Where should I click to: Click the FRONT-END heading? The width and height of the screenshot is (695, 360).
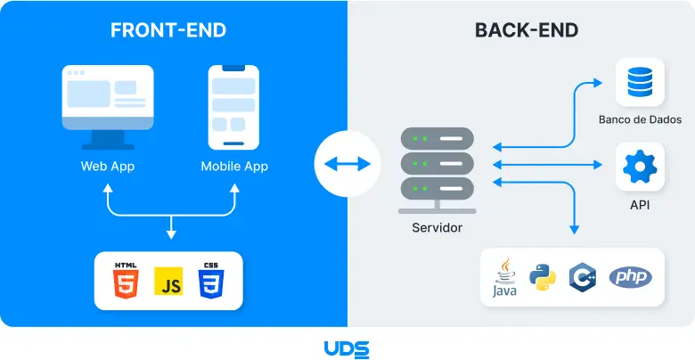pyautogui.click(x=168, y=30)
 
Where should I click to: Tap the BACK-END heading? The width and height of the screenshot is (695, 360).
pyautogui.click(x=527, y=30)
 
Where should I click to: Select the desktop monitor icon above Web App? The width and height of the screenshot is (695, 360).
pyautogui.click(x=108, y=107)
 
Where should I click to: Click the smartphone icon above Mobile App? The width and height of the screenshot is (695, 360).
pyautogui.click(x=233, y=107)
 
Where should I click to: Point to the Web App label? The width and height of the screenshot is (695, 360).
pyautogui.click(x=108, y=167)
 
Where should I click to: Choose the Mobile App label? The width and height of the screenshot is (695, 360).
pyautogui.click(x=234, y=167)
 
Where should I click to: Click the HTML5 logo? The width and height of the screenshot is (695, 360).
pyautogui.click(x=126, y=280)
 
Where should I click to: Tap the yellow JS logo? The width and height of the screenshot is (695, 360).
pyautogui.click(x=168, y=281)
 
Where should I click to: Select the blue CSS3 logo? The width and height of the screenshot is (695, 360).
pyautogui.click(x=211, y=280)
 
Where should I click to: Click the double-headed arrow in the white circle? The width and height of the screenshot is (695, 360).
pyautogui.click(x=347, y=164)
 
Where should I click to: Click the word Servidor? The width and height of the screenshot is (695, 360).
pyautogui.click(x=437, y=228)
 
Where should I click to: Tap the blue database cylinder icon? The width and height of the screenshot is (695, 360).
pyautogui.click(x=640, y=82)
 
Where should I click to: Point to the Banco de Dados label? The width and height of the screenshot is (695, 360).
pyautogui.click(x=640, y=119)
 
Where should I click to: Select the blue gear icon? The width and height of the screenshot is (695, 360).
pyautogui.click(x=640, y=167)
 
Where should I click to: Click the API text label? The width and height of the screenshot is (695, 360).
pyautogui.click(x=640, y=205)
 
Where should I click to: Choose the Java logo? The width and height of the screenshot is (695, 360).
pyautogui.click(x=504, y=277)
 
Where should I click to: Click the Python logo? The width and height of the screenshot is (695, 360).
pyautogui.click(x=543, y=277)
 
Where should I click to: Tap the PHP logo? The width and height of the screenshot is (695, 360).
pyautogui.click(x=630, y=277)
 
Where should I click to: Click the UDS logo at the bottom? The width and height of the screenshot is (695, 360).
pyautogui.click(x=347, y=349)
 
